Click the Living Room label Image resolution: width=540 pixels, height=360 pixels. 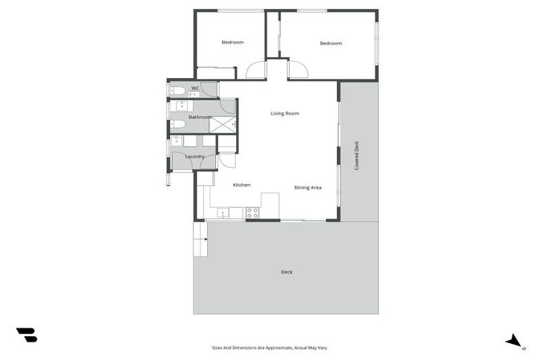[285, 113]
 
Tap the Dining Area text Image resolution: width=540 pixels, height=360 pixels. [308, 188]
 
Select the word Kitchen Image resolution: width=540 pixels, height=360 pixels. [242, 185]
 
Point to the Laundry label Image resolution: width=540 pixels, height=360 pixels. [195, 156]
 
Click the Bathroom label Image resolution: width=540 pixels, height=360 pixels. [200, 117]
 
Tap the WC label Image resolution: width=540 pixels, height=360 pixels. [195, 88]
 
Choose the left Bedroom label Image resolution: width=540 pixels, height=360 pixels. [232, 42]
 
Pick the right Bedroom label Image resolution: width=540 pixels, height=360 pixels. [330, 44]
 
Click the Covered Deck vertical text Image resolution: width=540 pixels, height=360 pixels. [356, 155]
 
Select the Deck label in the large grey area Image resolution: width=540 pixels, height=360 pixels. [286, 272]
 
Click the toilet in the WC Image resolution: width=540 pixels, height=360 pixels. [178, 91]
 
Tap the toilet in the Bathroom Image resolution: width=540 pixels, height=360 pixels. [178, 124]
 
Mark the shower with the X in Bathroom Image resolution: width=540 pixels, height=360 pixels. [223, 124]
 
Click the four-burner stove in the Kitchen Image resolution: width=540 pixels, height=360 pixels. [252, 212]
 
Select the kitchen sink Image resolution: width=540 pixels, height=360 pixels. [224, 212]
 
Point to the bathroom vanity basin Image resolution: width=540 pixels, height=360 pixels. [181, 107]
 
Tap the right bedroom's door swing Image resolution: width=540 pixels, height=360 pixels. [297, 70]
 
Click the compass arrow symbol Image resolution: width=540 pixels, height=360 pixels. [515, 342]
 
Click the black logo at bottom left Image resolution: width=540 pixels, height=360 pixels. [26, 335]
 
